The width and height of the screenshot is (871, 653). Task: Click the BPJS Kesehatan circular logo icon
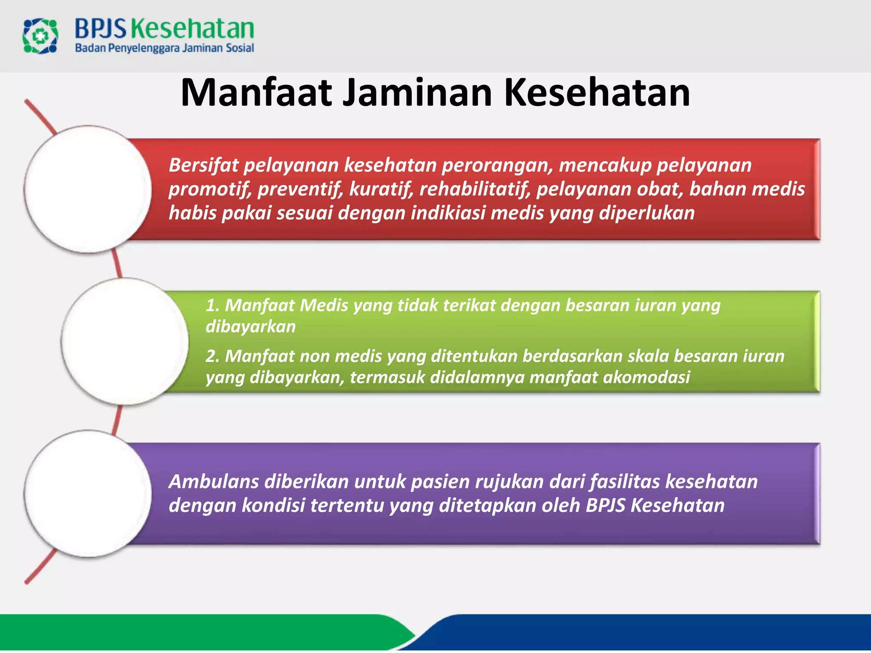pos(40,36)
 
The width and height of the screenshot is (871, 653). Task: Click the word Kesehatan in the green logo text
pos(192,29)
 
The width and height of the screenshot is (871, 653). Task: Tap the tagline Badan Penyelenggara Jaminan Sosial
pos(164,48)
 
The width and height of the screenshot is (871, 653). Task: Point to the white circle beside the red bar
pos(88,189)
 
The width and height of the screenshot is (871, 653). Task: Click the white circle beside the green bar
pos(125,341)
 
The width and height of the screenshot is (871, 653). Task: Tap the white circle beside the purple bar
pos(88,494)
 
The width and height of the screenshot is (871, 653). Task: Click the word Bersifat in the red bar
pos(204,165)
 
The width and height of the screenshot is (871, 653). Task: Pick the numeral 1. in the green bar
pos(212,305)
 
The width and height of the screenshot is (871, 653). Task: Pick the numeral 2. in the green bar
pos(212,356)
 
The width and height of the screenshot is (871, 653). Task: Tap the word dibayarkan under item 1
pos(250,326)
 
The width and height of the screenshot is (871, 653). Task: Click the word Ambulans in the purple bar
pos(213,482)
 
